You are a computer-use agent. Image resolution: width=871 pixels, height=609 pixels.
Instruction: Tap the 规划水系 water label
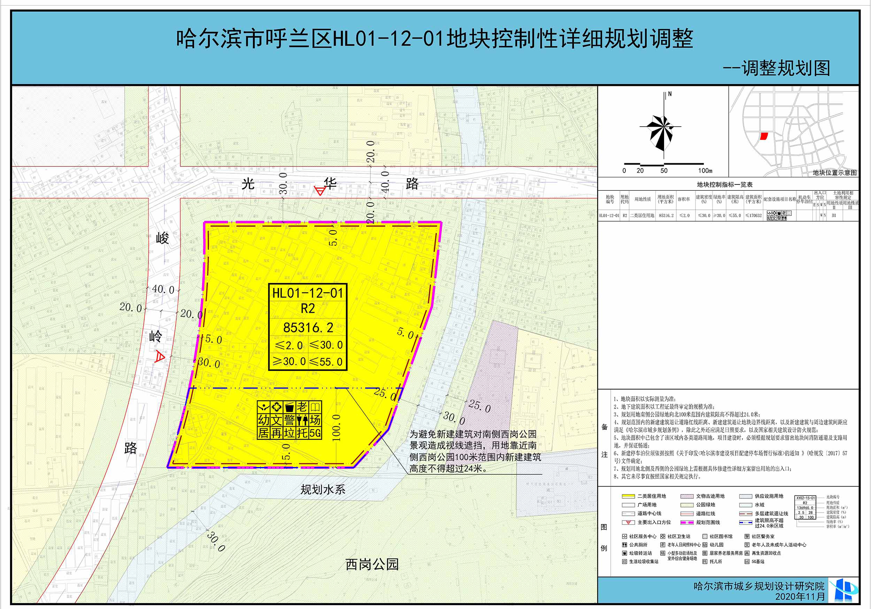click(323, 489)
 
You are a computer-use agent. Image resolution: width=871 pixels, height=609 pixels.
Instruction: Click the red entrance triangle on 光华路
click(321, 191)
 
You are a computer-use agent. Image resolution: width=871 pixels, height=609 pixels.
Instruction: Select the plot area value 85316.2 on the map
click(308, 327)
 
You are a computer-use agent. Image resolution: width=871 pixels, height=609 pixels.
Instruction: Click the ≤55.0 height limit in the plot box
click(326, 362)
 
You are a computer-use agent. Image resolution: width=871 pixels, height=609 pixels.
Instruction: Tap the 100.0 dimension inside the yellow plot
click(336, 427)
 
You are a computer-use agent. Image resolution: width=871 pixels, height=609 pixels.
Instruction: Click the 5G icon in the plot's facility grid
click(315, 433)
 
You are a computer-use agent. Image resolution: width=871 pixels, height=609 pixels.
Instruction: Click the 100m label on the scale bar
click(705, 171)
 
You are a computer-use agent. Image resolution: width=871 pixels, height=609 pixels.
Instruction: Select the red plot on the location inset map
click(764, 136)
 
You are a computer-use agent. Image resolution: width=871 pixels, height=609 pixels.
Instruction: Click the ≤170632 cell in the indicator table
click(753, 216)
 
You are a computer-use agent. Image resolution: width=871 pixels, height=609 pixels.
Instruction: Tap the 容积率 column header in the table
click(684, 199)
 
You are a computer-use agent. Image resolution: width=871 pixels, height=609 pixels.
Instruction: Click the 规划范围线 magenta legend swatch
click(687, 522)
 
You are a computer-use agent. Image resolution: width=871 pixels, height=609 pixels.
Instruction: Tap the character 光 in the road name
click(248, 184)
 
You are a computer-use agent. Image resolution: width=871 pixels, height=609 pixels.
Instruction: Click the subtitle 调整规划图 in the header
click(785, 69)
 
